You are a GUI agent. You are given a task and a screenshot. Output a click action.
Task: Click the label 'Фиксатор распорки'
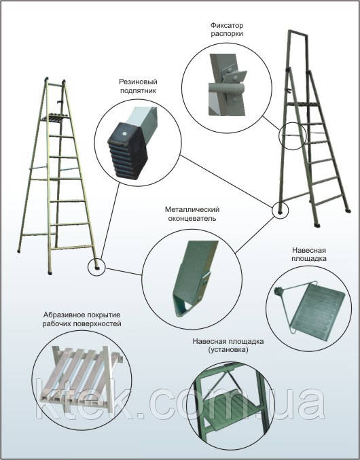(x=227, y=30)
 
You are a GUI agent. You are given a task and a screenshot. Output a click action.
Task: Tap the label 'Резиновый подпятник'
(x=138, y=86)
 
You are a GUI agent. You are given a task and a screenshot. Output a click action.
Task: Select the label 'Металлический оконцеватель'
(x=192, y=214)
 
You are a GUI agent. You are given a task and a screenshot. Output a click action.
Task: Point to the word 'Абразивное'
(x=61, y=315)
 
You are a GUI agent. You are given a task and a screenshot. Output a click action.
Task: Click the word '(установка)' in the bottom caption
(x=228, y=350)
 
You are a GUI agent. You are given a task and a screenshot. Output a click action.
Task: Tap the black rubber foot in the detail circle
(x=128, y=150)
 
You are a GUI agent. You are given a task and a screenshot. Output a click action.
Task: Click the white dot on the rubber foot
(x=124, y=133)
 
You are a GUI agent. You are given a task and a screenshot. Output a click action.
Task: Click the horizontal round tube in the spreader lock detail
(x=226, y=88)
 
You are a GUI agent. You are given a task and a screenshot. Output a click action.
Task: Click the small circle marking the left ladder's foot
(x=96, y=267)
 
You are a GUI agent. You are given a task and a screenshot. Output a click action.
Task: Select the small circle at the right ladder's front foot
(x=281, y=211)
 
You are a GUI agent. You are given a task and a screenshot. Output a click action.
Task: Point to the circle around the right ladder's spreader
(x=292, y=136)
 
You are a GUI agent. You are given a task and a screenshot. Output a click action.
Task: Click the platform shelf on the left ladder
(x=56, y=118)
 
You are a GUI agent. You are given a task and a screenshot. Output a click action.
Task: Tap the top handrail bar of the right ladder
(x=298, y=32)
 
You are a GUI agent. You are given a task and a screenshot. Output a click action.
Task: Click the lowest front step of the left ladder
(x=73, y=247)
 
